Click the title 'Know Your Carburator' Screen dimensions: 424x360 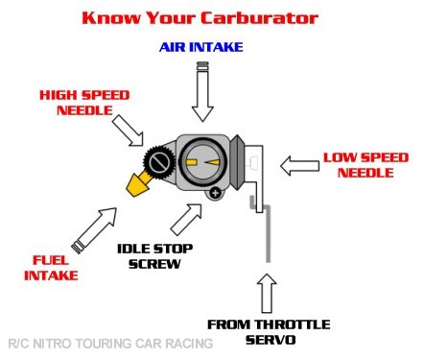tap(200, 18)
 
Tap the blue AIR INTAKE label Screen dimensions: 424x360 tap(201, 47)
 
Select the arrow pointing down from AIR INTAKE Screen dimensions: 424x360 tap(202, 91)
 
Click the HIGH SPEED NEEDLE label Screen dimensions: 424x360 tap(84, 103)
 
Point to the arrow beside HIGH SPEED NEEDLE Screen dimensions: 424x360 tap(128, 131)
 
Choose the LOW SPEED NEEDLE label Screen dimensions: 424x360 tap(365, 165)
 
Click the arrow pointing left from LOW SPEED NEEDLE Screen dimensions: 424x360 tap(299, 166)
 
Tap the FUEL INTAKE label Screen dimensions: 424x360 tap(51, 268)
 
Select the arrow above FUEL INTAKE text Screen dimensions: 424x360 tap(94, 230)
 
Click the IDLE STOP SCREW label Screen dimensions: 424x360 tap(155, 256)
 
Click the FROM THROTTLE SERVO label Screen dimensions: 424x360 tap(269, 332)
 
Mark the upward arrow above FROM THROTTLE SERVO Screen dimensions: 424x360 tap(267, 293)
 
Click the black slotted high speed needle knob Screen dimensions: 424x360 tap(159, 162)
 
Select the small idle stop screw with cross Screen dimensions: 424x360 tap(216, 193)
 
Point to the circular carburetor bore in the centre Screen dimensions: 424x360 tap(202, 162)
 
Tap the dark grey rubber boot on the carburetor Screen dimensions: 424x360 tap(238, 162)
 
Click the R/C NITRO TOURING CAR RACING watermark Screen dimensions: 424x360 tap(110, 344)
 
